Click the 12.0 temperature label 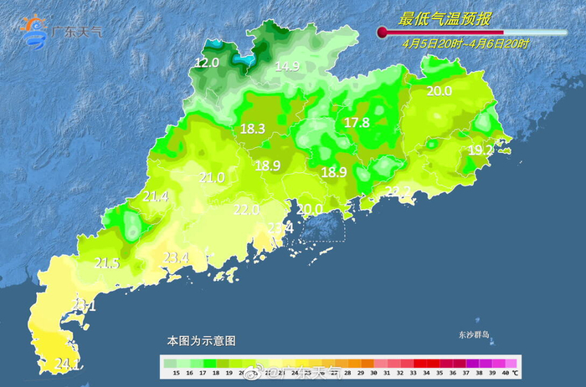[207, 63]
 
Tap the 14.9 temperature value [287, 66]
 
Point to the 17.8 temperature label [357, 123]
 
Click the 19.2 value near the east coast [480, 150]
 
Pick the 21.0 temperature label [212, 177]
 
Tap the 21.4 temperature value [156, 196]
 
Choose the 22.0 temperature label [246, 210]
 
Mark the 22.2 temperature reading [398, 191]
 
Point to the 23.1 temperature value [85, 306]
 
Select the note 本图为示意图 [201, 341]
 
